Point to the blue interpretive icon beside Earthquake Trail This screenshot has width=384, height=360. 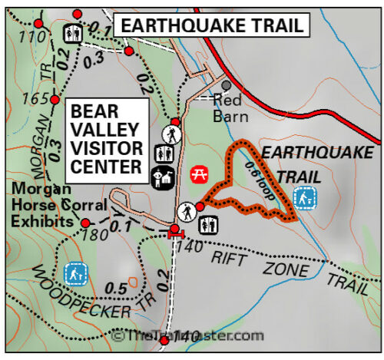coord(306,199)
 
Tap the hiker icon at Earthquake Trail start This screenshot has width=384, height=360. coord(186,210)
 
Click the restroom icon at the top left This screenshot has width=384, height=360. coord(74,33)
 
